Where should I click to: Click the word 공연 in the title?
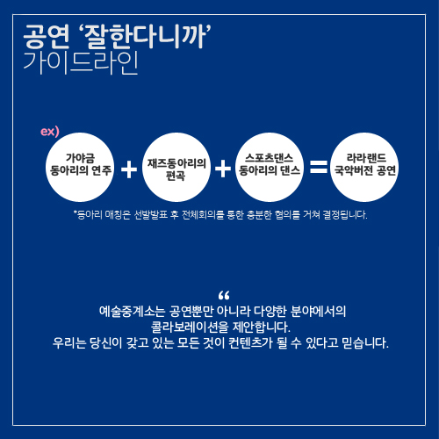[47, 37]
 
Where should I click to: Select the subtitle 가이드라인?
[81, 63]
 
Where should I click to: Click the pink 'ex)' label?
[50, 132]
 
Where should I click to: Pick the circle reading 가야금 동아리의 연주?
[80, 167]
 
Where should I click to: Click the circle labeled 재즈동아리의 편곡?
[176, 167]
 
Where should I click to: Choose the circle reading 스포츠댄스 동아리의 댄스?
[270, 167]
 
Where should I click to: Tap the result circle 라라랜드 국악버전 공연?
[364, 167]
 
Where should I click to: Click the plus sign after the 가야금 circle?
[129, 169]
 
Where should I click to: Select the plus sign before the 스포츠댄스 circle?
[223, 169]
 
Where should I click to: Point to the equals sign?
[319, 167]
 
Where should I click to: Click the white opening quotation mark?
[224, 295]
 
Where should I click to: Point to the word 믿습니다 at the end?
[365, 342]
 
